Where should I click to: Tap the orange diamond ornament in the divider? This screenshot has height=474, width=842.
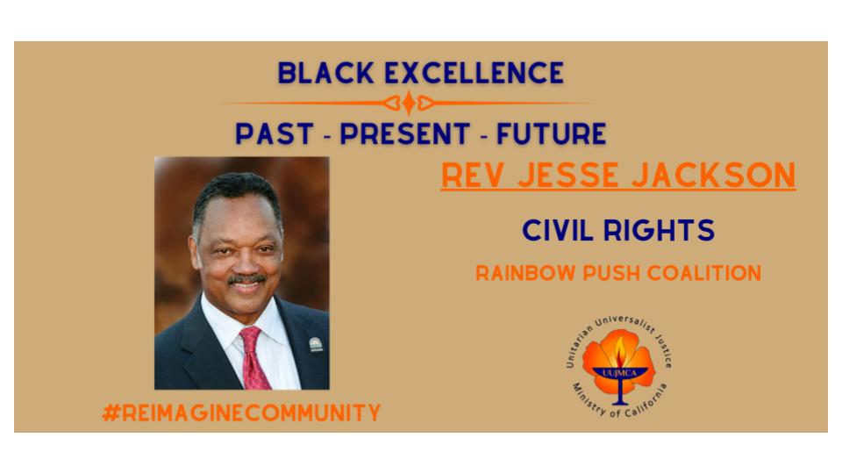[x=410, y=103]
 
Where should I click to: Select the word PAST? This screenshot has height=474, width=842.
[x=275, y=133]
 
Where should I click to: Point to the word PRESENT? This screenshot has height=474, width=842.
[x=405, y=133]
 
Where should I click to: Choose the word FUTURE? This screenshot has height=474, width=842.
[x=552, y=133]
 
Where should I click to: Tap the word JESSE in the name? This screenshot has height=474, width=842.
[x=568, y=176]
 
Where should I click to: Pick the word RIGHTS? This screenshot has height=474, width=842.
[x=659, y=231]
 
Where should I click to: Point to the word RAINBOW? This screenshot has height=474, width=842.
[x=525, y=273]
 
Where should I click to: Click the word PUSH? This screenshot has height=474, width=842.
[x=611, y=273]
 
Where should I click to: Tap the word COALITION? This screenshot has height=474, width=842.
[x=704, y=273]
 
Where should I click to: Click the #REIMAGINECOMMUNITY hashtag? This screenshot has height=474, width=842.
[x=241, y=413]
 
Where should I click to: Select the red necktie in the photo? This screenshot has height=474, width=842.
[x=253, y=358]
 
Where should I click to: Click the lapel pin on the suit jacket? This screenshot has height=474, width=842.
[x=316, y=344]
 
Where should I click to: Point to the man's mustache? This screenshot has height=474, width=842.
[x=246, y=279]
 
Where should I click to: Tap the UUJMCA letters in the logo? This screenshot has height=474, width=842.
[x=619, y=373]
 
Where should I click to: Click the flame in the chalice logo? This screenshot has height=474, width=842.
[x=620, y=351]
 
